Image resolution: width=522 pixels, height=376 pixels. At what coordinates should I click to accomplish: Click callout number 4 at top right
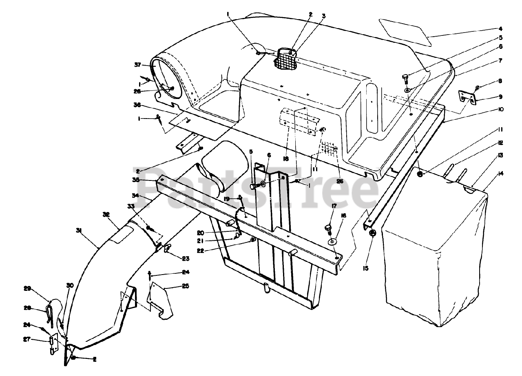click(500, 29)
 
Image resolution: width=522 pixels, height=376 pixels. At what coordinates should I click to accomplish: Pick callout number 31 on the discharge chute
click(79, 230)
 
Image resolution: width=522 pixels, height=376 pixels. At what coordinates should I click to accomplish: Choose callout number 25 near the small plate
click(186, 286)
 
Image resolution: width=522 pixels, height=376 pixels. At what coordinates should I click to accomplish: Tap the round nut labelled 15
click(372, 233)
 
